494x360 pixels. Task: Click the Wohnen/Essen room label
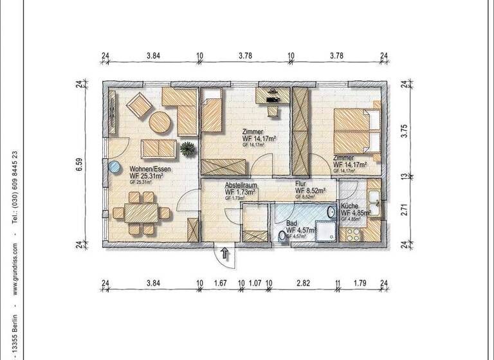click(146, 169)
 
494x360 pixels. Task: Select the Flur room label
click(303, 183)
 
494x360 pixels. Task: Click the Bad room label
click(293, 222)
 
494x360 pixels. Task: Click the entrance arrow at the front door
click(224, 253)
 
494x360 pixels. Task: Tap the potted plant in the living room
click(187, 149)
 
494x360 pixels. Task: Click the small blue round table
click(114, 166)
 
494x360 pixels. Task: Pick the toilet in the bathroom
click(282, 236)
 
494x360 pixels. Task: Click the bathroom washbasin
click(331, 212)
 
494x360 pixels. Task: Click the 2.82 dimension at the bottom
click(302, 283)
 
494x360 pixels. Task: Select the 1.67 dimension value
click(220, 283)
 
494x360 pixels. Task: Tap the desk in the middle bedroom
click(273, 96)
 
